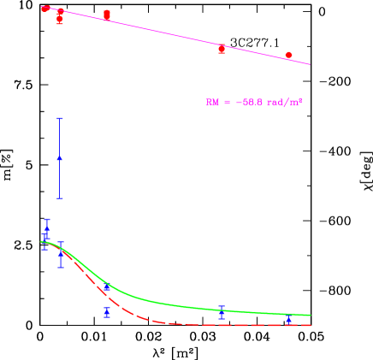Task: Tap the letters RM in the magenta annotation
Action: coord(211,103)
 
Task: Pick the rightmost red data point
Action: coord(288,56)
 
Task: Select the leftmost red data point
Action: coord(45,9)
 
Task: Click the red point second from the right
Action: coord(222,49)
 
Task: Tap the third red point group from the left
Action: coord(107,15)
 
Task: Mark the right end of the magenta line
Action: coord(310,64)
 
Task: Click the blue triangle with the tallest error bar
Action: coord(60,157)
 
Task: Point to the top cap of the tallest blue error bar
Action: coord(60,118)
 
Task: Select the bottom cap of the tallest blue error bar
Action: coord(60,198)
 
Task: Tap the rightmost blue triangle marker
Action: coord(288,318)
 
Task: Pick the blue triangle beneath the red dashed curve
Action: coord(107,310)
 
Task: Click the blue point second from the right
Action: coord(222,312)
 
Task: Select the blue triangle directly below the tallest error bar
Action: coord(61,254)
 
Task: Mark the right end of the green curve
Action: coord(310,315)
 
